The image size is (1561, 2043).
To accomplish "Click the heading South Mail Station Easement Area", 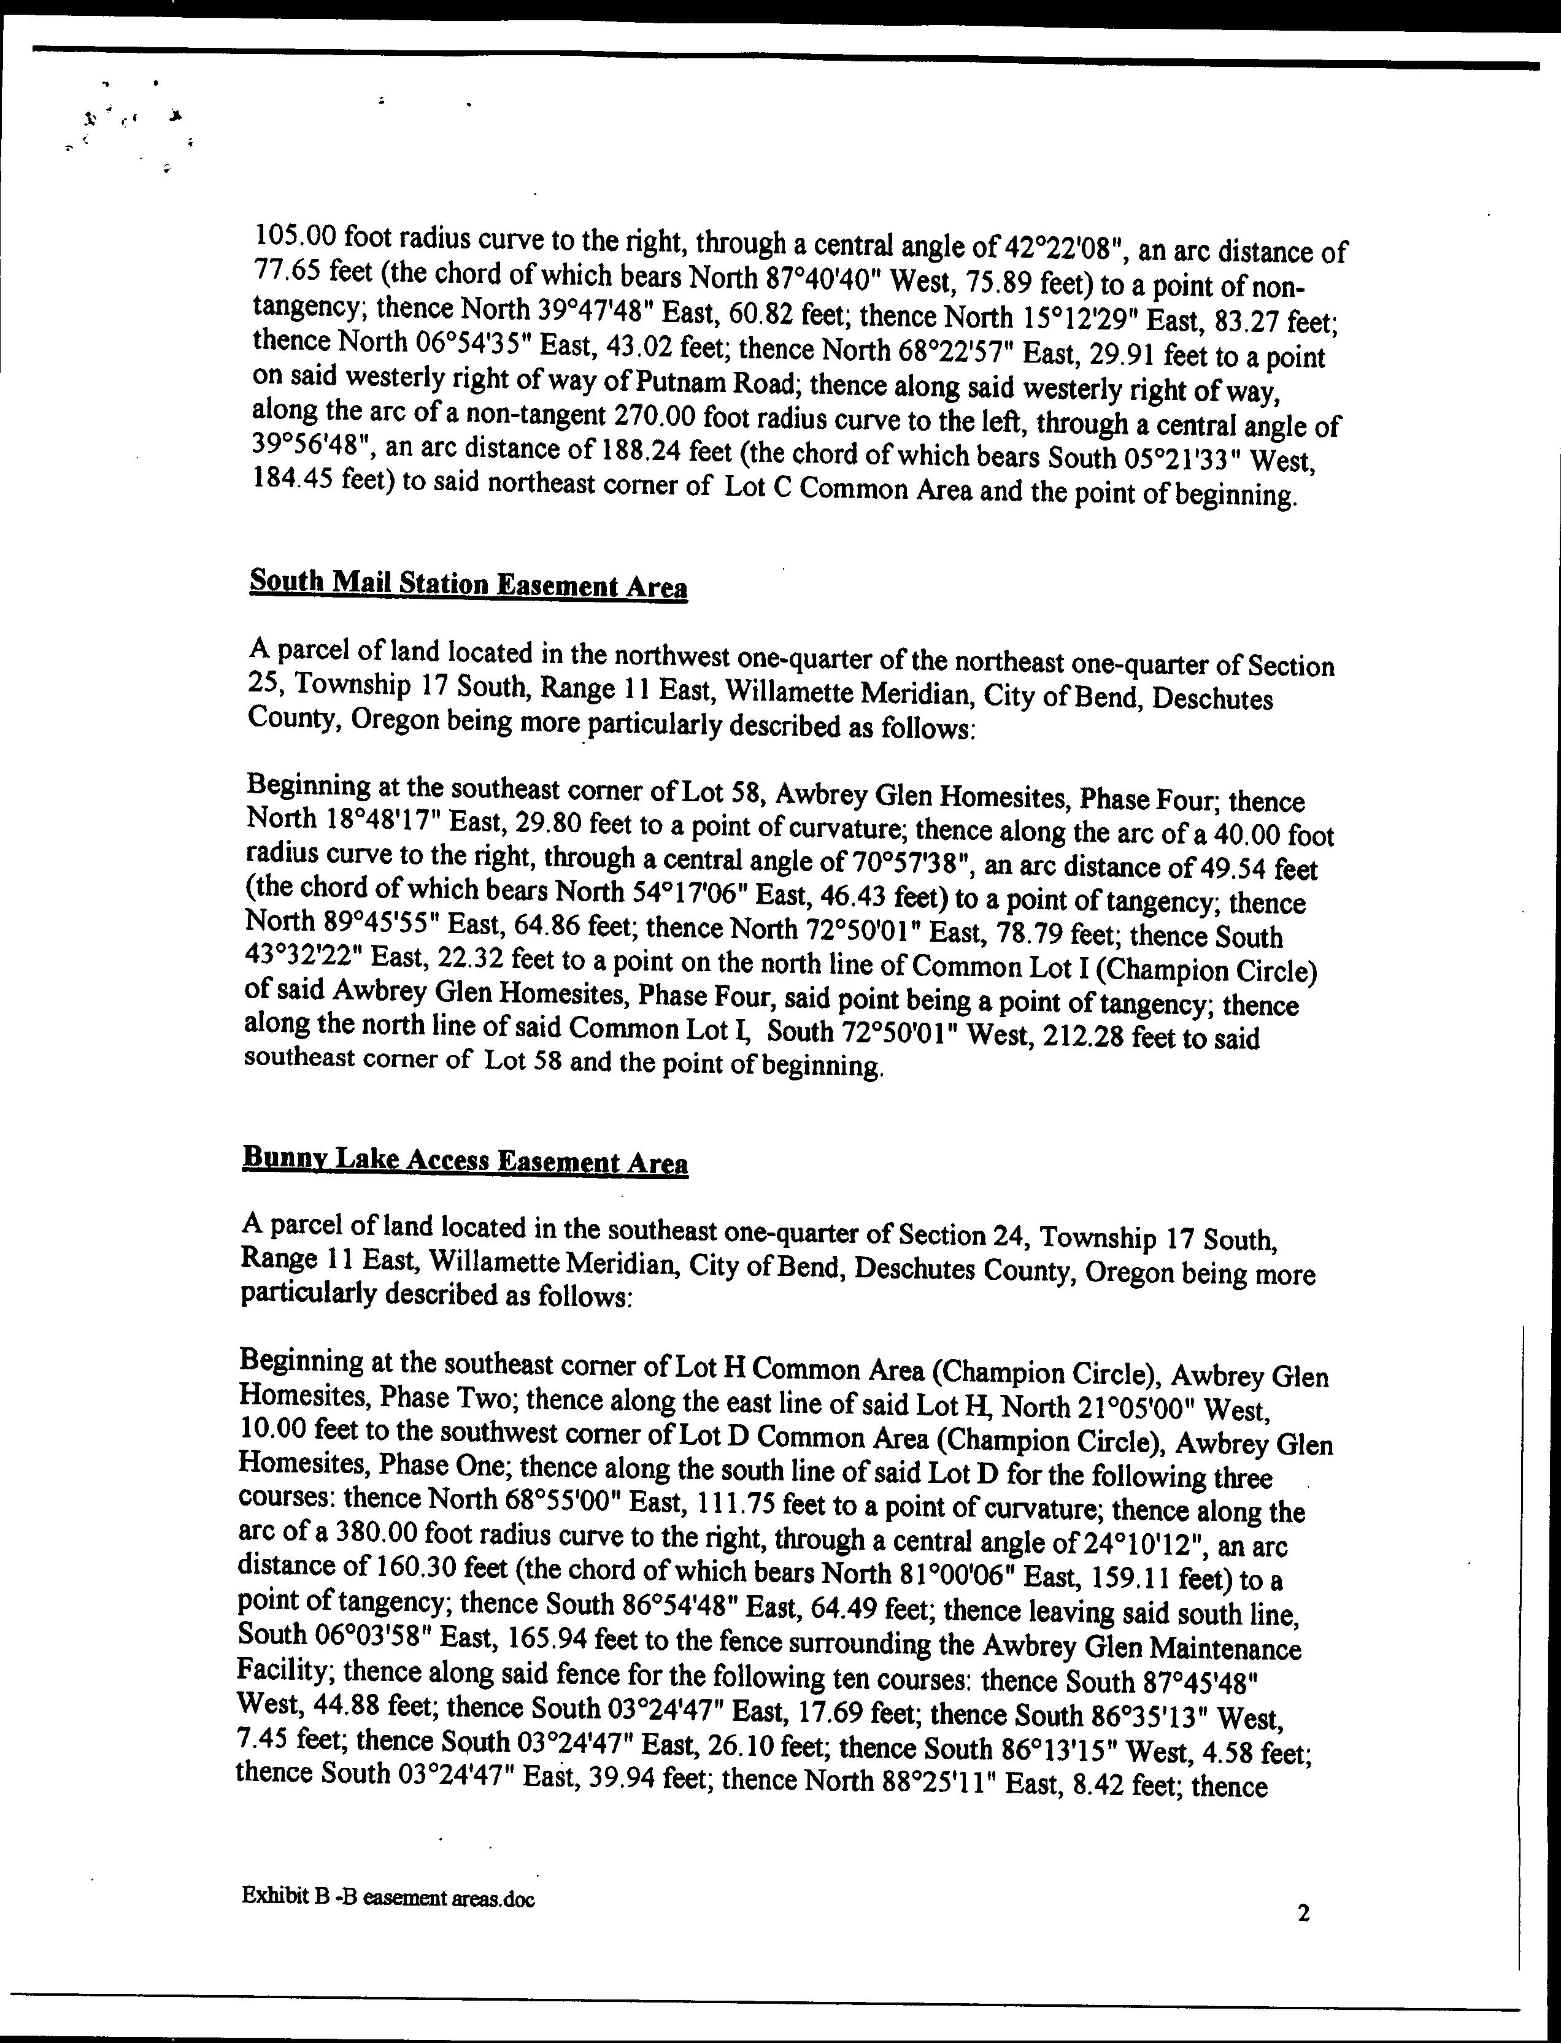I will (x=468, y=585).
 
